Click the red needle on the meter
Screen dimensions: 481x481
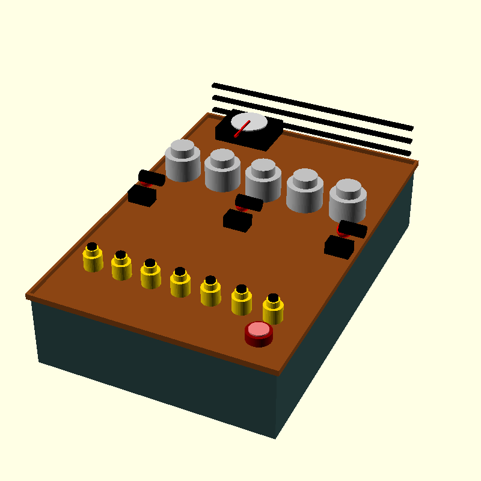click(242, 129)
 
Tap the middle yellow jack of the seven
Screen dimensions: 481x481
click(180, 283)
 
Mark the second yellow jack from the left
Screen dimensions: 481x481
click(121, 266)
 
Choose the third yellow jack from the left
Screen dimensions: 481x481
click(150, 274)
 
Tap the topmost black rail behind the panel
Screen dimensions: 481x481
click(313, 106)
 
